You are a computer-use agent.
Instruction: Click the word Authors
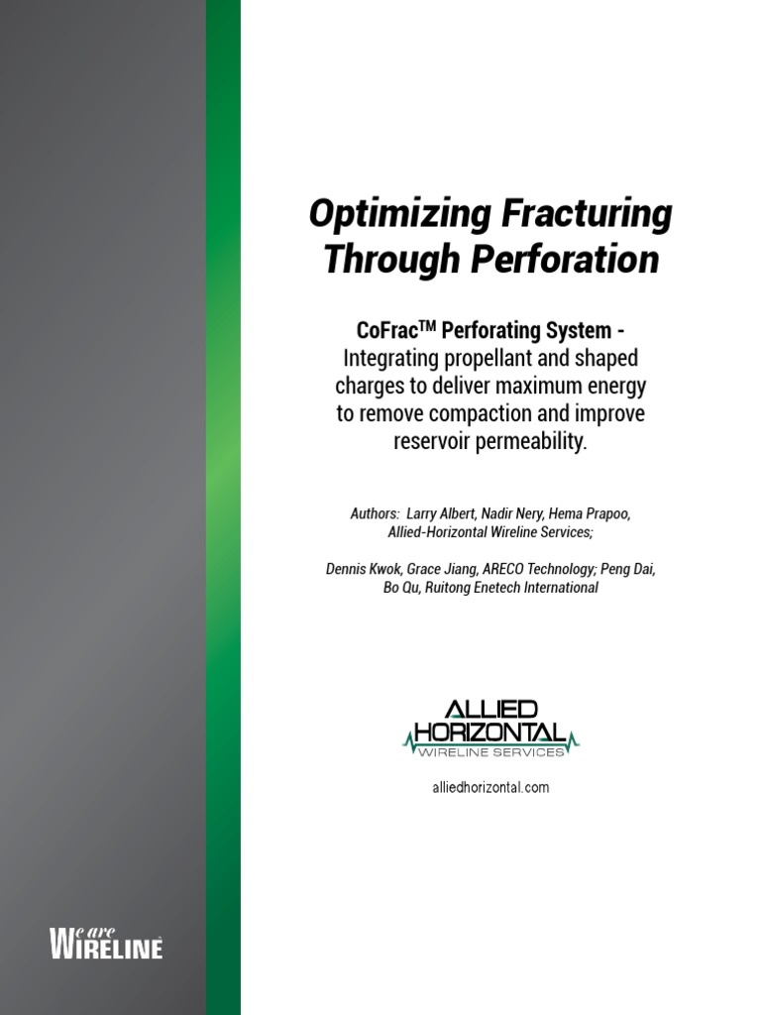point(374,515)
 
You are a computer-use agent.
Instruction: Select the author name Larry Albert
point(444,515)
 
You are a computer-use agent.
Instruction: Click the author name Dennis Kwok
point(363,569)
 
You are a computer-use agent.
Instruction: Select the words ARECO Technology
point(535,569)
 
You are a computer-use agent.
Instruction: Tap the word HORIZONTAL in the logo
point(490,733)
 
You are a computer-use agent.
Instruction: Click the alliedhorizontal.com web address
point(490,788)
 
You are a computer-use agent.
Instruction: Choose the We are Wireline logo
point(106,943)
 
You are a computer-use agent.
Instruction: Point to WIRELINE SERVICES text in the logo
point(490,752)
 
